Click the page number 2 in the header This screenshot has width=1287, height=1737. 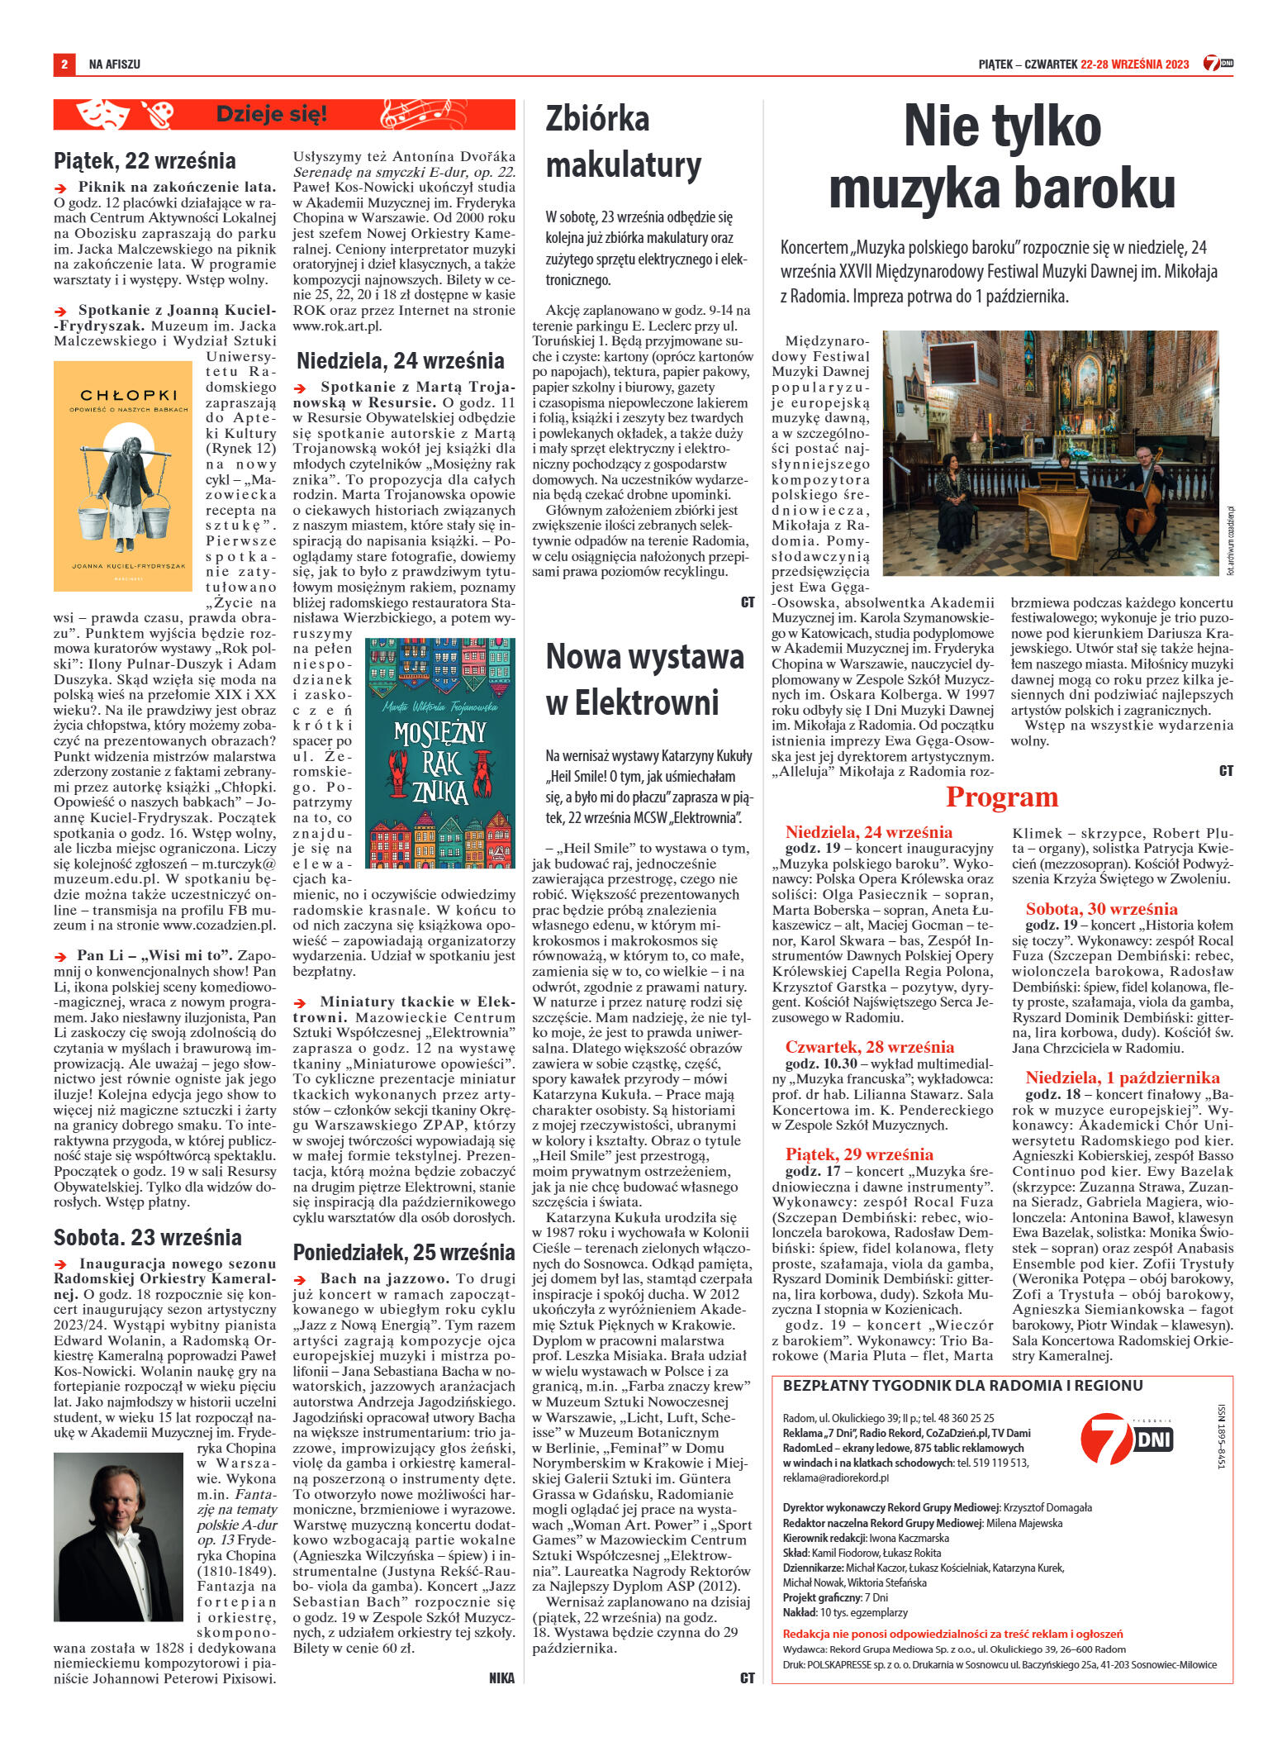point(63,64)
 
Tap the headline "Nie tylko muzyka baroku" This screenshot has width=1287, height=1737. point(1001,158)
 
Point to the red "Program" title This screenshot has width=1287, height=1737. point(1001,797)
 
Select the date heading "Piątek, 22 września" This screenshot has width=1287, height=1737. point(145,159)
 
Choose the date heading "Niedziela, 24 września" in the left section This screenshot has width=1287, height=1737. point(400,361)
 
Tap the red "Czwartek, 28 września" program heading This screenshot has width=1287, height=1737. point(869,1047)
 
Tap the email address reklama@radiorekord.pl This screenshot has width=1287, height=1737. point(835,1477)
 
